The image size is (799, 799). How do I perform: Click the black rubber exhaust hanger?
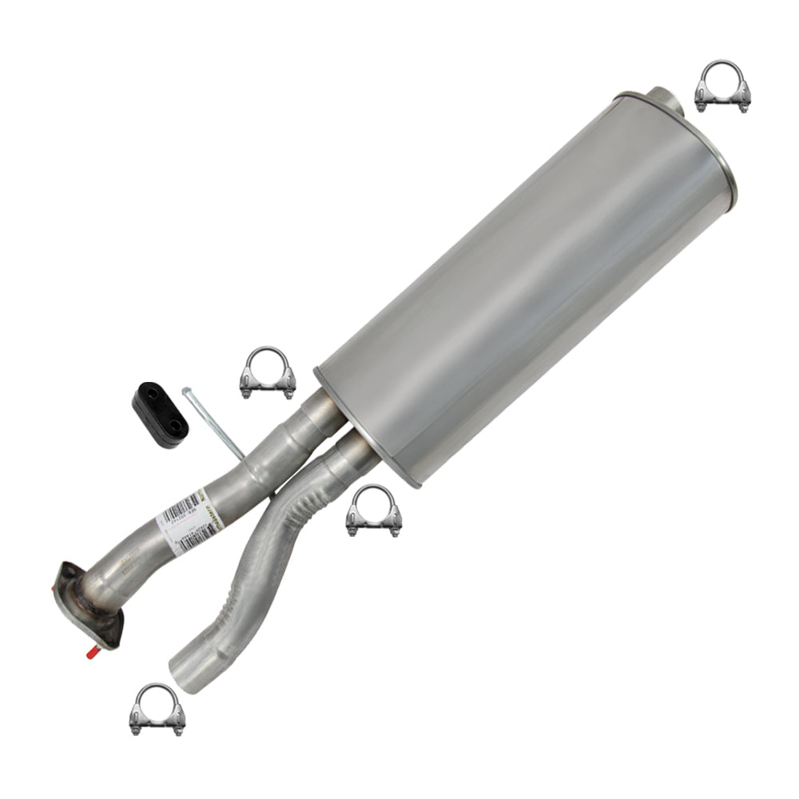[160, 410]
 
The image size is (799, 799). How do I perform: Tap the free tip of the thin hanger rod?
[186, 391]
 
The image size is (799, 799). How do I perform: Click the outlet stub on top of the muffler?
[662, 98]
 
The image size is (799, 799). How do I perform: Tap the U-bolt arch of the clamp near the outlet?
[722, 70]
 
